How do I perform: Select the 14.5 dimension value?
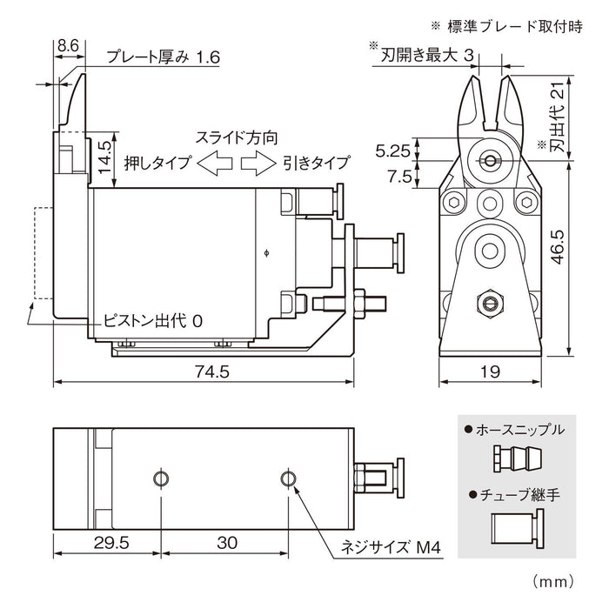click(x=104, y=158)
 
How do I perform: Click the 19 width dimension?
click(x=491, y=372)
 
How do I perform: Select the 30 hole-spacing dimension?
click(x=226, y=542)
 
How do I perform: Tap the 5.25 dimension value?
click(x=392, y=150)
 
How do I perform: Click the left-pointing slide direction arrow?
click(x=213, y=162)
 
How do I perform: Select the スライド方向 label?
click(x=236, y=137)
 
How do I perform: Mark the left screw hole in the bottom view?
click(x=160, y=478)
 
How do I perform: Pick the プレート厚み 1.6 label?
click(x=163, y=58)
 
